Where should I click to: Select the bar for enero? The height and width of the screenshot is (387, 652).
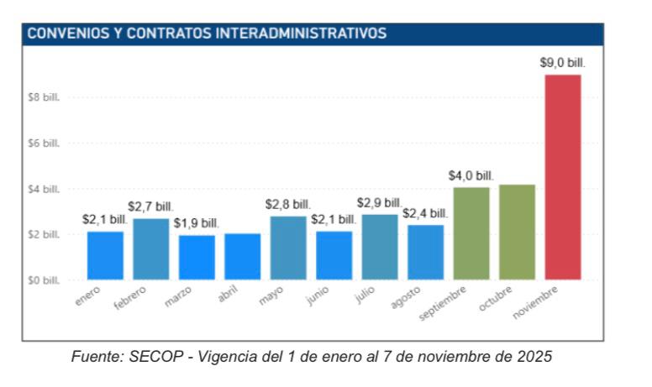coord(105,255)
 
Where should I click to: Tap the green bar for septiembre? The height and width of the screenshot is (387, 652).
coord(471,233)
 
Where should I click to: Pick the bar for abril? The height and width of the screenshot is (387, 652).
coord(242,256)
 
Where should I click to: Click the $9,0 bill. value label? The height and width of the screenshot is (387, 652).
coord(562,62)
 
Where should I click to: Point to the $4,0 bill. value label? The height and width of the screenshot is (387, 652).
coord(471,175)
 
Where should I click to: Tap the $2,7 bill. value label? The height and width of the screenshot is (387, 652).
coord(150,206)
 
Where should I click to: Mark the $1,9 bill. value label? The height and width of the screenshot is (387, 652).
coord(197,222)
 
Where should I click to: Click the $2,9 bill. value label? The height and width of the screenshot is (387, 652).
coord(380,202)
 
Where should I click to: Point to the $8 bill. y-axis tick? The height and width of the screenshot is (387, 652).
coord(44,97)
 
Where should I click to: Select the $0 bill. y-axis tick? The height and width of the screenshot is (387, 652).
coord(44,280)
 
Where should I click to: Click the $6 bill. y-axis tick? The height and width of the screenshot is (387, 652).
coord(44,144)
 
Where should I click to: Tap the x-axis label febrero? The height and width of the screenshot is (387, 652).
coord(131,299)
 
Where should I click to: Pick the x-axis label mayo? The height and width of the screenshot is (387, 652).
coord(271,295)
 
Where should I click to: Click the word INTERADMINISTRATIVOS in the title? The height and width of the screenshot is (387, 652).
coord(302,34)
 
